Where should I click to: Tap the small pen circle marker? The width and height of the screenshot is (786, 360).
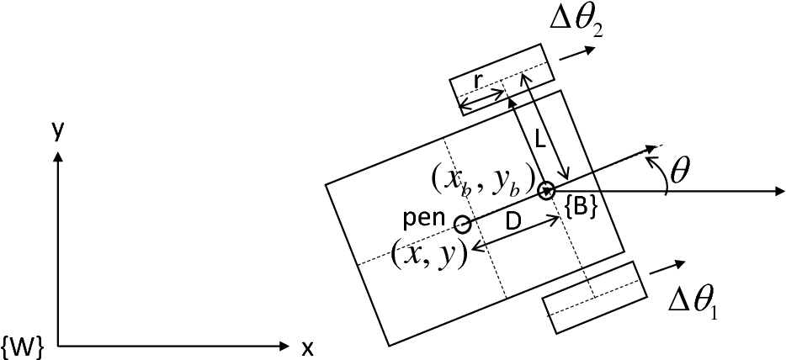(462, 224)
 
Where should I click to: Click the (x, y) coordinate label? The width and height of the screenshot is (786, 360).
(429, 253)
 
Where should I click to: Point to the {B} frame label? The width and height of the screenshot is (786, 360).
(581, 209)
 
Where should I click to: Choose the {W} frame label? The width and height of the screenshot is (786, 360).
(19, 345)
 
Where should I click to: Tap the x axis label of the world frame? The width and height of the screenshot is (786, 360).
(308, 347)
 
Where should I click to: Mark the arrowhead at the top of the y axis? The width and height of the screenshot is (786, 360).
(57, 156)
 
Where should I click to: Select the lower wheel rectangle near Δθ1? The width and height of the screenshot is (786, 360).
(595, 297)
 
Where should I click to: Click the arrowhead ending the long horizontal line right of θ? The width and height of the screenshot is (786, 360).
(778, 192)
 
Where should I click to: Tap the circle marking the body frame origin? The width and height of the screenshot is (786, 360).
(547, 191)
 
